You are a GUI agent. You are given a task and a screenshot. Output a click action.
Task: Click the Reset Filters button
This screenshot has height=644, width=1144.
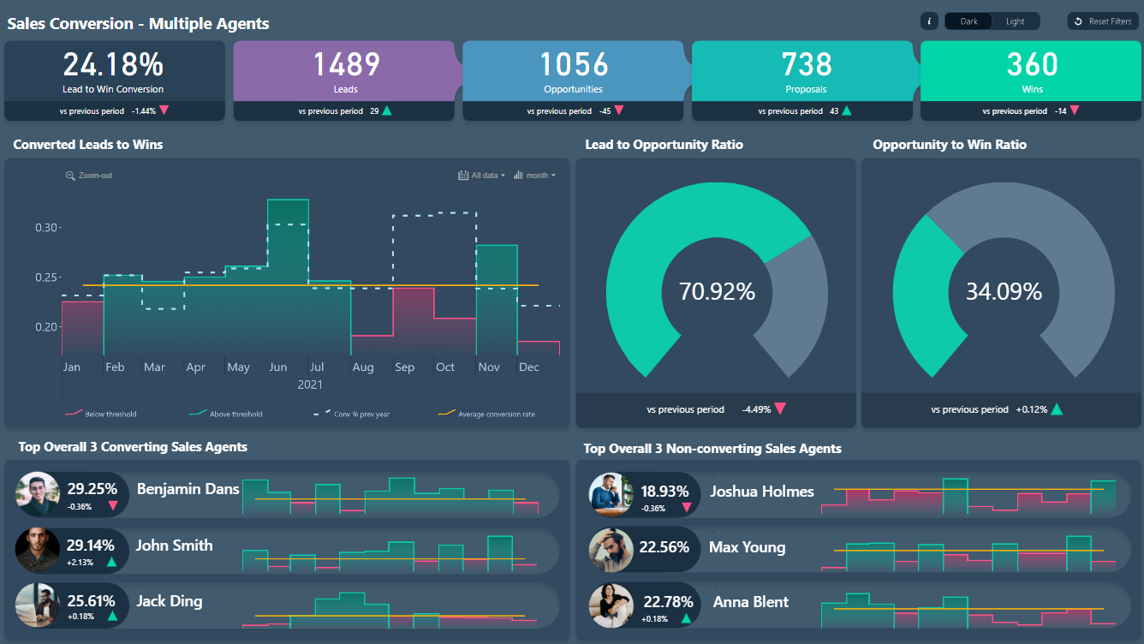click(x=1103, y=21)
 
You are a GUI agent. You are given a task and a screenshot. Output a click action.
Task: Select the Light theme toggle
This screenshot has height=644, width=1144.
click(x=1015, y=21)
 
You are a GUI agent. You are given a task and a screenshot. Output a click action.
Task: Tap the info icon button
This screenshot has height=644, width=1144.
click(x=929, y=21)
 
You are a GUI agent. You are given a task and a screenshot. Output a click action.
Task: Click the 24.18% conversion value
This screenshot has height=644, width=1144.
click(x=113, y=65)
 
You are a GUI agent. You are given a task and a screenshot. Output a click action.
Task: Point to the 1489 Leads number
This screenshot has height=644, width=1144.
click(x=345, y=65)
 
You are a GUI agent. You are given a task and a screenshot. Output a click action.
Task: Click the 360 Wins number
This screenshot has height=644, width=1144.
click(x=1032, y=65)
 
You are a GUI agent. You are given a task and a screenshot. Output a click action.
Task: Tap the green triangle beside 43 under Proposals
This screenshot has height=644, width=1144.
click(x=847, y=110)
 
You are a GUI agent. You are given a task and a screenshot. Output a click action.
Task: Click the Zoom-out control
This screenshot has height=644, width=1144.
click(x=89, y=176)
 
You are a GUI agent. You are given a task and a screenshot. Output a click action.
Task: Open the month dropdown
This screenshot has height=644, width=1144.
click(x=535, y=176)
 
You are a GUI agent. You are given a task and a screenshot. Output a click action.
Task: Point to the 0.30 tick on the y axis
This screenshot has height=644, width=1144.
click(x=47, y=228)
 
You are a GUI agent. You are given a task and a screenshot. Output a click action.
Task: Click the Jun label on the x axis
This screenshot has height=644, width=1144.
click(x=277, y=367)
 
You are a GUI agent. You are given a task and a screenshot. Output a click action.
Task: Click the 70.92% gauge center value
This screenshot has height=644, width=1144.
click(x=717, y=292)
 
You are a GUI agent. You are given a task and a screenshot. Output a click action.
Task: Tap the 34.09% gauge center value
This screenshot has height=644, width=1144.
click(x=1004, y=292)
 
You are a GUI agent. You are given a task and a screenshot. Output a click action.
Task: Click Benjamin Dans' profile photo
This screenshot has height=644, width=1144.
click(x=38, y=494)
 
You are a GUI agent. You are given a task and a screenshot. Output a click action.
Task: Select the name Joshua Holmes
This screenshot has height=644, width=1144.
click(x=761, y=492)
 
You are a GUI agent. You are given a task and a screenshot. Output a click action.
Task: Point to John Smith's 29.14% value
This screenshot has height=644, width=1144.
click(x=91, y=545)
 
